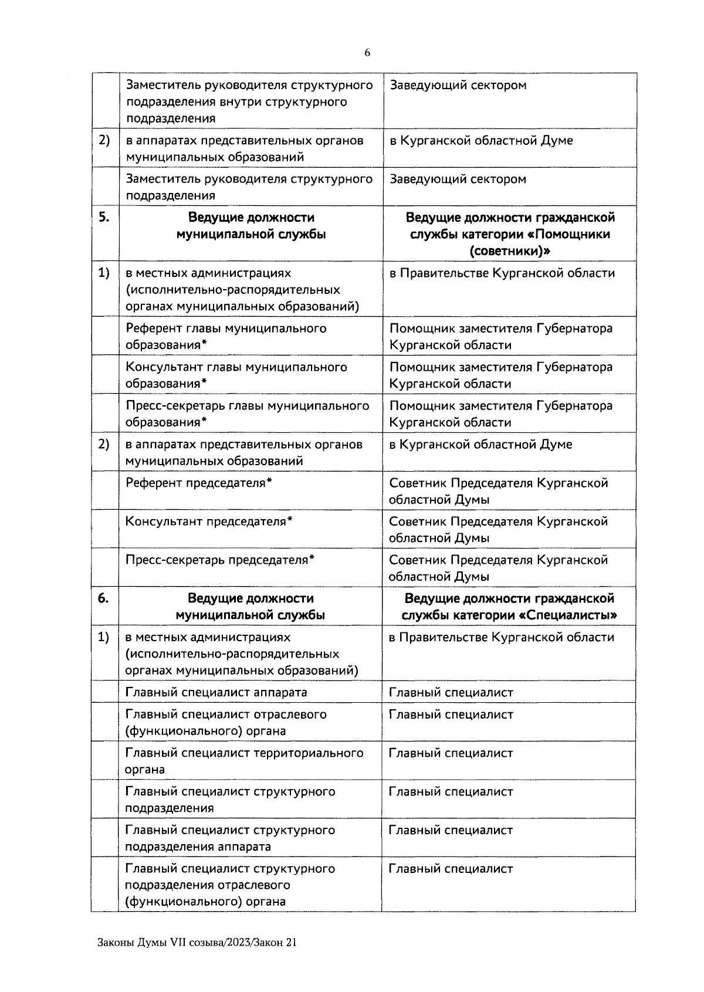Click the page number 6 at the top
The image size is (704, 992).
367,53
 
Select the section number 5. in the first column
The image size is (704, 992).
103,217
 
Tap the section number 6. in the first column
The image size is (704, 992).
103,598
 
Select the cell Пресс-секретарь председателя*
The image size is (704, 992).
220,560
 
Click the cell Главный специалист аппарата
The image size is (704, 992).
216,692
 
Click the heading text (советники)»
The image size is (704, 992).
510,251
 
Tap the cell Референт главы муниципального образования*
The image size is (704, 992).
226,336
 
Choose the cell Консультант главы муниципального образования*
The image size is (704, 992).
236,375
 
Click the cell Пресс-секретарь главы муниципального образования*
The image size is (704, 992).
247,414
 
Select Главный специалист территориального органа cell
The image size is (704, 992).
244,760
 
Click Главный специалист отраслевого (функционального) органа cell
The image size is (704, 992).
225,722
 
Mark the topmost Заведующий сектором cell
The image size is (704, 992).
458,86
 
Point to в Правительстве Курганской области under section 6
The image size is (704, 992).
501,637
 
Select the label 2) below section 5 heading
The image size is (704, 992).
103,445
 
